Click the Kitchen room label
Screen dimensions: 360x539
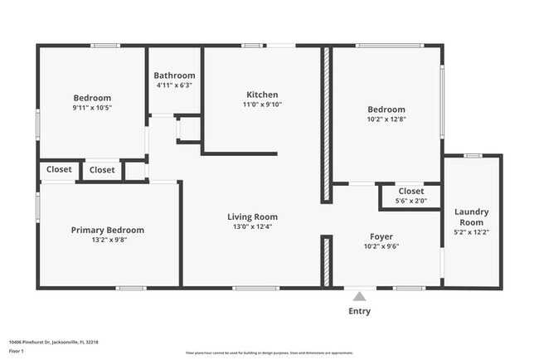click(x=262, y=95)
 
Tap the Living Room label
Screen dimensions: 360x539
click(x=252, y=216)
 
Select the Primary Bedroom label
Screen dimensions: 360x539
click(x=107, y=230)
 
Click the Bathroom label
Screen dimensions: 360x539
click(x=175, y=75)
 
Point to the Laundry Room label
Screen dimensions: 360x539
click(x=471, y=217)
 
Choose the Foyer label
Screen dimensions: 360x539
click(x=381, y=236)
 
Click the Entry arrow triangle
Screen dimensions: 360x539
click(x=358, y=295)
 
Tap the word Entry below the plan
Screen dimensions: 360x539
click(x=359, y=311)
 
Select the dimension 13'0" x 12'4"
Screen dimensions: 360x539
click(x=252, y=226)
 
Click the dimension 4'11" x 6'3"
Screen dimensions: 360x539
click(x=175, y=85)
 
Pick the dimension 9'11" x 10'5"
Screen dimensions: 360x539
click(x=92, y=107)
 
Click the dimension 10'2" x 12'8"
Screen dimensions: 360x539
click(x=386, y=119)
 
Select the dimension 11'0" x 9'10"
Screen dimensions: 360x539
click(x=262, y=105)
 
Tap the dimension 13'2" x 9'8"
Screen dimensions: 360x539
click(x=107, y=240)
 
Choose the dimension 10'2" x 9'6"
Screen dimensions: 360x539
click(x=381, y=246)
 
